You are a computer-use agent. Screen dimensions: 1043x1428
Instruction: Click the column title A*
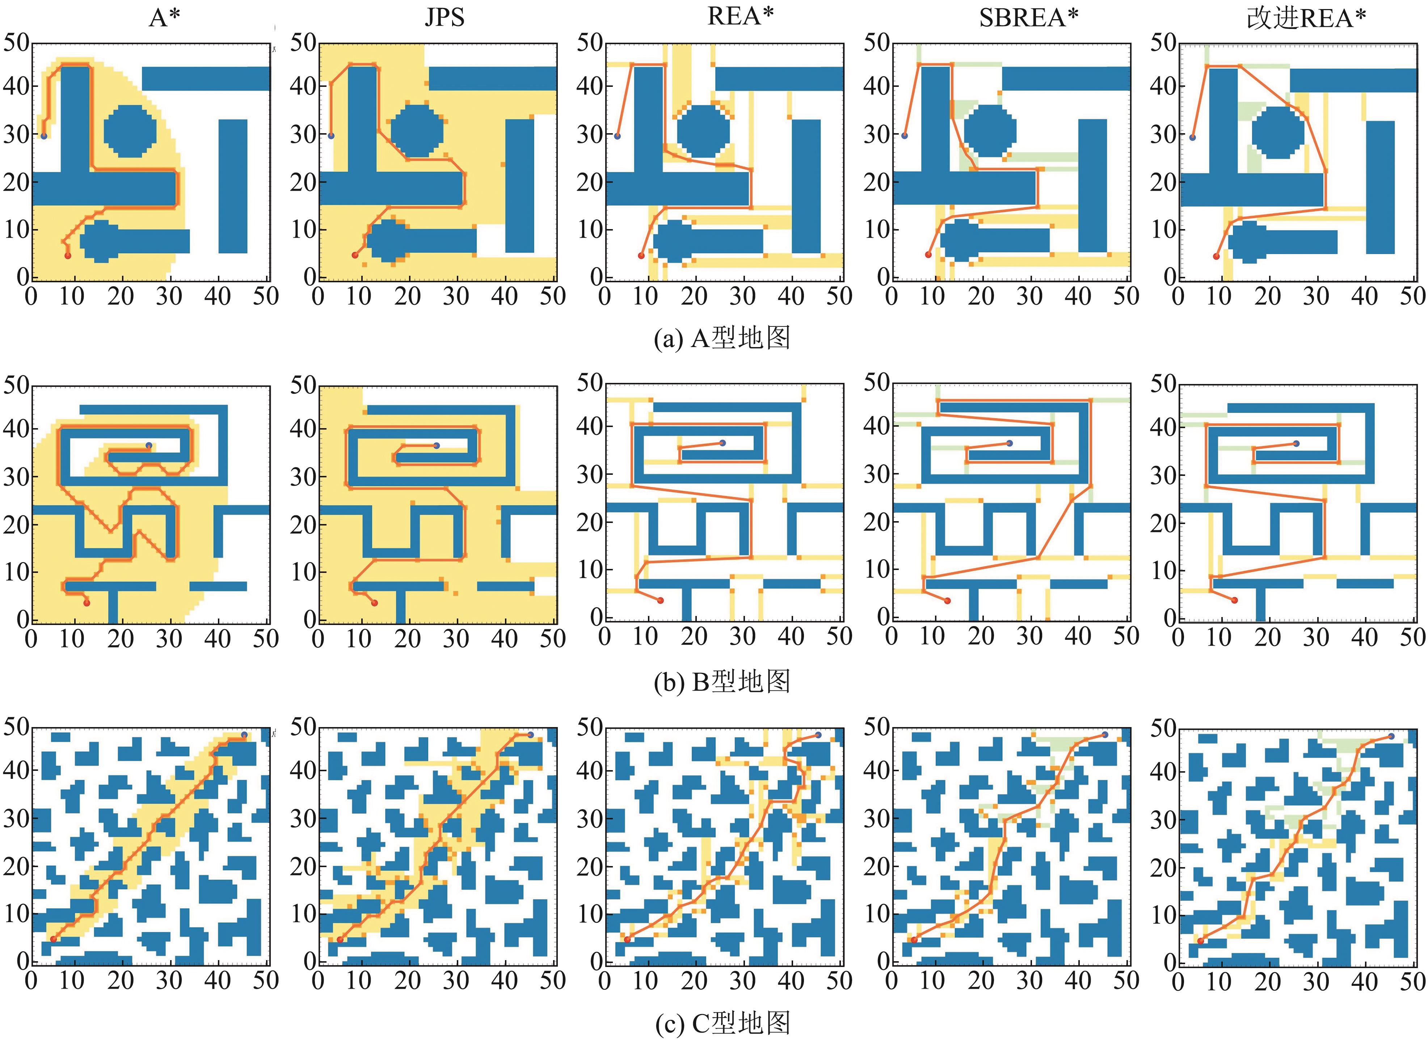(x=165, y=18)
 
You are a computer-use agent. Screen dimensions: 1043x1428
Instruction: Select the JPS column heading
(x=445, y=18)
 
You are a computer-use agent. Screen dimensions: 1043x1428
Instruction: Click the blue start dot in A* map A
(x=43, y=136)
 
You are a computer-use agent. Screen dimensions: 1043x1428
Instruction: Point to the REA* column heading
(x=741, y=16)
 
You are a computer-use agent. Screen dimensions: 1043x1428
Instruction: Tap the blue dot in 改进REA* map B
(x=1296, y=444)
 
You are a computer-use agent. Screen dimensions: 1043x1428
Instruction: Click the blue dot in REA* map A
(x=618, y=136)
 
